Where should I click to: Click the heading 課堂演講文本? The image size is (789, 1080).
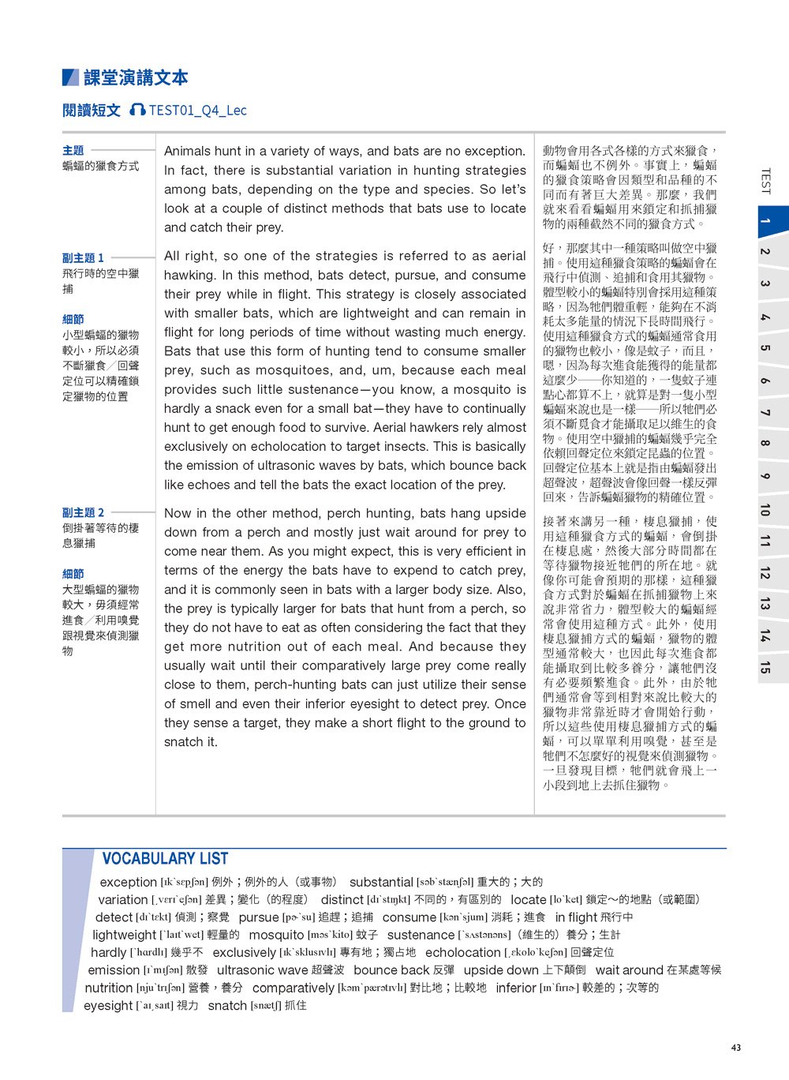tap(136, 78)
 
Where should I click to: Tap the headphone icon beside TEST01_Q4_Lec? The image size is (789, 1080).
tap(137, 110)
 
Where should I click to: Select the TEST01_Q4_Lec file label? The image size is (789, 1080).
tap(197, 111)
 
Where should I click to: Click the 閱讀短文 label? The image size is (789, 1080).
tap(92, 111)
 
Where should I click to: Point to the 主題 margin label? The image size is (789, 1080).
tap(73, 150)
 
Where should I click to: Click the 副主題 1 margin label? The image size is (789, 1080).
tap(83, 258)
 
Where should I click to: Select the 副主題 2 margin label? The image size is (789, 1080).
tap(83, 512)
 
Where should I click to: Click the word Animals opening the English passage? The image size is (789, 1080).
tap(189, 152)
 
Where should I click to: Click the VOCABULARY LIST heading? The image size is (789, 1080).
tap(165, 859)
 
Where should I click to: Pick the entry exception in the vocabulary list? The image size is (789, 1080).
tap(128, 882)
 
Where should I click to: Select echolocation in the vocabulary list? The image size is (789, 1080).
tap(462, 952)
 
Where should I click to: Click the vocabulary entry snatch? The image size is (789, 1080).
tap(227, 1005)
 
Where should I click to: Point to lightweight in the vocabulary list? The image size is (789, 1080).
tap(124, 935)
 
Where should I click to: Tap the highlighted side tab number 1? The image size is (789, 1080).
tap(765, 220)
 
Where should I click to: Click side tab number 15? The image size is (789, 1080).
tap(765, 666)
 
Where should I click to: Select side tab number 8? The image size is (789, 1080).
tap(765, 444)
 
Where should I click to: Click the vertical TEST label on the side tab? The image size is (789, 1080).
tap(765, 182)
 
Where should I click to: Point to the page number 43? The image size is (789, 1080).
tap(736, 1048)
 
